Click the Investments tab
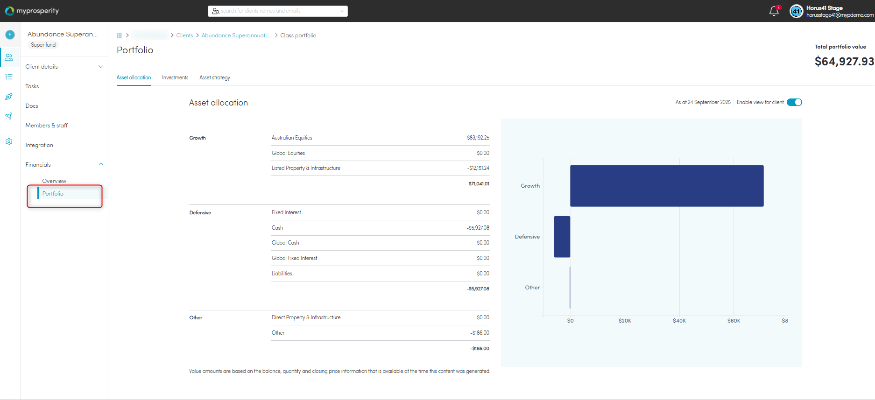pyautogui.click(x=175, y=77)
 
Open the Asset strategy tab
pyautogui.click(x=215, y=77)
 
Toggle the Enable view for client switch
pyautogui.click(x=794, y=102)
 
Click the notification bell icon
pyautogui.click(x=774, y=11)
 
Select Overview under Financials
pyautogui.click(x=54, y=181)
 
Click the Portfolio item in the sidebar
pyautogui.click(x=53, y=194)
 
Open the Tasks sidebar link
pyautogui.click(x=32, y=86)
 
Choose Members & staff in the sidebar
pyautogui.click(x=47, y=126)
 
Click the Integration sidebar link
pyautogui.click(x=39, y=145)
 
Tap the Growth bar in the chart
pyautogui.click(x=667, y=186)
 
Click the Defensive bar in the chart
pyautogui.click(x=562, y=237)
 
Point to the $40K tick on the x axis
pyautogui.click(x=679, y=321)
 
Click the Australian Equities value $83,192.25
pyautogui.click(x=478, y=138)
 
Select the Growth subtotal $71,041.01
pyautogui.click(x=479, y=184)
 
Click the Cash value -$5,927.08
pyautogui.click(x=478, y=228)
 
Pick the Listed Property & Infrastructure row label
pyautogui.click(x=306, y=168)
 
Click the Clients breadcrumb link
pyautogui.click(x=184, y=35)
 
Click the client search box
pyautogui.click(x=278, y=11)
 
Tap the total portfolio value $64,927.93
pyautogui.click(x=844, y=62)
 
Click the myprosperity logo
pyautogui.click(x=32, y=11)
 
